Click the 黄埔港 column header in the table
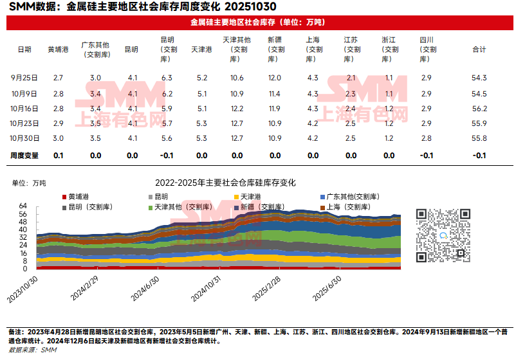coord(58,50)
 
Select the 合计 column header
coord(479,50)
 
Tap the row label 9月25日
coord(24,78)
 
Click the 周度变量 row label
coord(24,156)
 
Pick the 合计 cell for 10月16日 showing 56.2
coord(479,109)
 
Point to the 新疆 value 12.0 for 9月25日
coord(275,78)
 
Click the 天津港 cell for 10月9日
coord(201,94)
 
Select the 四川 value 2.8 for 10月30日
coord(426,138)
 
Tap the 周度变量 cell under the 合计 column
coord(479,156)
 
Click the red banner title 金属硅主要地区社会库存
coord(257,22)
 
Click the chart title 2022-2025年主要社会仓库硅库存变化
coord(225,183)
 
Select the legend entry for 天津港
coord(247,196)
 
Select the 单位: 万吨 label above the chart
coord(30,183)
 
